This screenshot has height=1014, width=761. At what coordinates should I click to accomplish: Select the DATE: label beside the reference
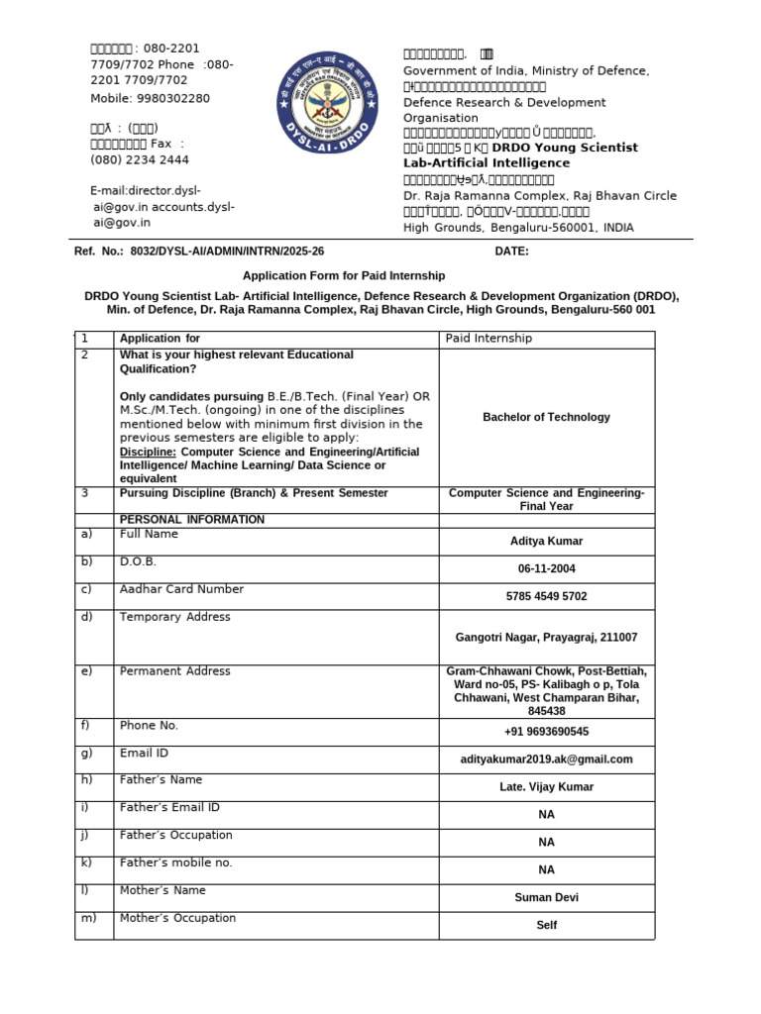pyautogui.click(x=511, y=252)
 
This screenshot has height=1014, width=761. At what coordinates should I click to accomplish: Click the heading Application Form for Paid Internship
pyautogui.click(x=345, y=275)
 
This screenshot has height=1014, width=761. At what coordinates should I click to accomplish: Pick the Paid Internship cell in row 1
pyautogui.click(x=489, y=339)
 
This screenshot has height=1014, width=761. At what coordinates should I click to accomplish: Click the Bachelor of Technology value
pyautogui.click(x=546, y=417)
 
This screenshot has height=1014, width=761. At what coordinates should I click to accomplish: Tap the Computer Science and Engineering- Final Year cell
pyautogui.click(x=546, y=499)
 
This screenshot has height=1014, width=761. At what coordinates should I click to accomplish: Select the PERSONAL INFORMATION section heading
pyautogui.click(x=191, y=520)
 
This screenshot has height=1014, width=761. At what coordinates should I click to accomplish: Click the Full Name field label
pyautogui.click(x=149, y=535)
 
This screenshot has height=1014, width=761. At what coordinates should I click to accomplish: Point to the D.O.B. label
pyautogui.click(x=138, y=561)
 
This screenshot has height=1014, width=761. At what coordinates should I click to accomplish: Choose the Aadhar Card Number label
pyautogui.click(x=181, y=589)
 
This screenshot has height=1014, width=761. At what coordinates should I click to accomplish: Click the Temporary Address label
pyautogui.click(x=174, y=617)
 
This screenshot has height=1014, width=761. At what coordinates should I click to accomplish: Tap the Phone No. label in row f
pyautogui.click(x=149, y=726)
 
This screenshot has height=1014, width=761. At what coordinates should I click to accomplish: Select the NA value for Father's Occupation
pyautogui.click(x=546, y=842)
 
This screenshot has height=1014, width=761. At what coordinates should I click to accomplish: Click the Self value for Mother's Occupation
pyautogui.click(x=546, y=925)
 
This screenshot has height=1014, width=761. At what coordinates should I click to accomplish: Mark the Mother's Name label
pyautogui.click(x=163, y=890)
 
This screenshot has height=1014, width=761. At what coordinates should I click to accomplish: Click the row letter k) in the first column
pyautogui.click(x=86, y=862)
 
